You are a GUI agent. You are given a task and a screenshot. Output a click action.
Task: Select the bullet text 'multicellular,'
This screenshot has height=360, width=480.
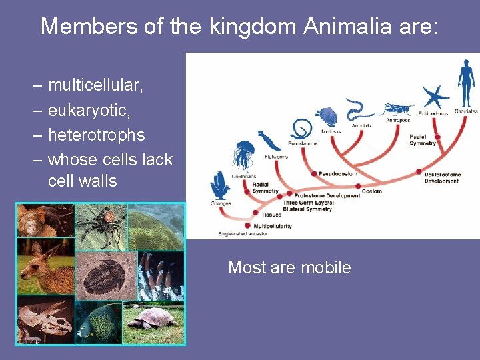click(x=95, y=85)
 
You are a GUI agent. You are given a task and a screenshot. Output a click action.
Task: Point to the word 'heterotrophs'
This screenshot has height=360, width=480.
click(x=96, y=135)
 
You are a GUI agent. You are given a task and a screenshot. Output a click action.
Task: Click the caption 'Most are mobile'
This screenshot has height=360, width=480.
click(x=289, y=267)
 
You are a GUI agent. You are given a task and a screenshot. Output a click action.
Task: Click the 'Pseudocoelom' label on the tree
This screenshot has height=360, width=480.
click(x=337, y=173)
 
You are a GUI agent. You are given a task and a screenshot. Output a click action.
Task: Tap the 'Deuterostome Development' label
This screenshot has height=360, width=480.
click(x=441, y=177)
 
